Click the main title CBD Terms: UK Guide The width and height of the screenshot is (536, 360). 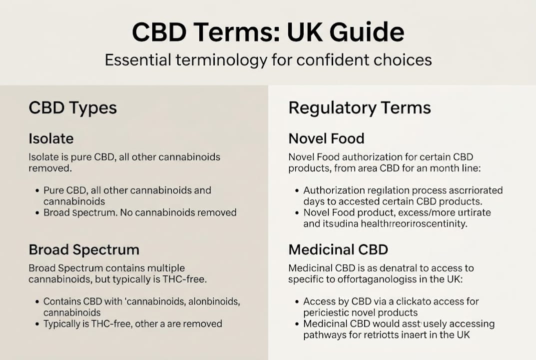pyautogui.click(x=268, y=32)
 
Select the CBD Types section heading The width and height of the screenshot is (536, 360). pyautogui.click(x=72, y=107)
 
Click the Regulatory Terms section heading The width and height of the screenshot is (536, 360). pyautogui.click(x=360, y=107)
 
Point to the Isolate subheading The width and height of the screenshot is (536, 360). pyautogui.click(x=51, y=138)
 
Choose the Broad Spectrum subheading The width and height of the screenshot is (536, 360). pyautogui.click(x=84, y=249)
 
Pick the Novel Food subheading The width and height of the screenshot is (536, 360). pyautogui.click(x=326, y=138)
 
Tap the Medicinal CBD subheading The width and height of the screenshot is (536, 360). pyautogui.click(x=338, y=249)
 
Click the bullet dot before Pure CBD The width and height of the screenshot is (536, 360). pyautogui.click(x=38, y=190)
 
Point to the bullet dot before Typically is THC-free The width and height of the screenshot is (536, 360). pyautogui.click(x=38, y=324)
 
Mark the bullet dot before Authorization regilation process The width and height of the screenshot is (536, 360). pyautogui.click(x=298, y=190)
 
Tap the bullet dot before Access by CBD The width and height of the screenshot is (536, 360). pyautogui.click(x=298, y=302)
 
